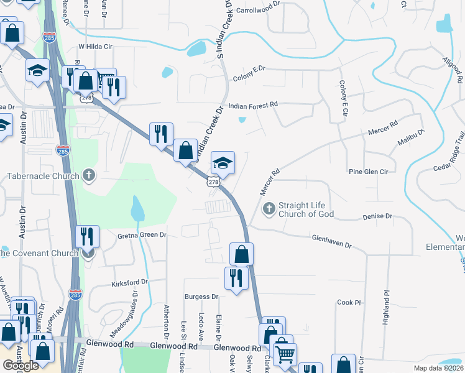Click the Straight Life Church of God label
306,210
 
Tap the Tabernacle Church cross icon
89,175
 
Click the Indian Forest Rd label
253,106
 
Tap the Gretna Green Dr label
142,236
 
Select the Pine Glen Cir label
368,172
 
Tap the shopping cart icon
285,354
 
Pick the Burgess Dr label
201,297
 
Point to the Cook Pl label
349,303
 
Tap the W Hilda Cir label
95,47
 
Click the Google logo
21,366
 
